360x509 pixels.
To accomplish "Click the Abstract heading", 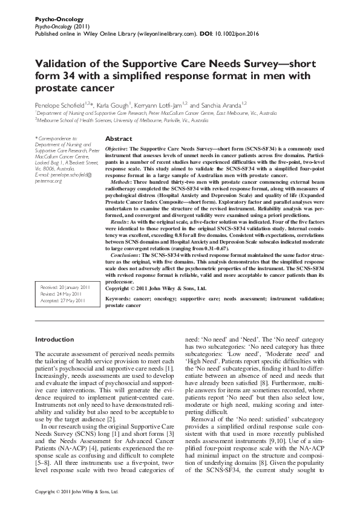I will click(119, 138).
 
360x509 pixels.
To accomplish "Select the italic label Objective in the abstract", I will click(116, 149).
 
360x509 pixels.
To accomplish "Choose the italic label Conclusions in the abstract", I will click(126, 256).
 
